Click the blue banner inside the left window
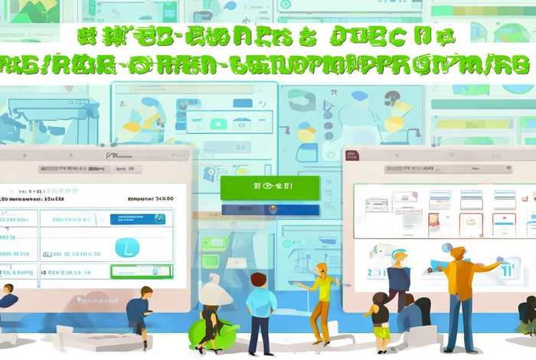click(138, 219)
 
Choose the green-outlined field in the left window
click(142, 270)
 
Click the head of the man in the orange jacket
click(458, 254)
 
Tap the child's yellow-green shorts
click(382, 332)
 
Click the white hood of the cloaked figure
click(214, 291)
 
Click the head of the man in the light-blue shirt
click(258, 280)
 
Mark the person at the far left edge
click(7, 299)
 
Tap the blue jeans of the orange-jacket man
click(459, 322)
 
